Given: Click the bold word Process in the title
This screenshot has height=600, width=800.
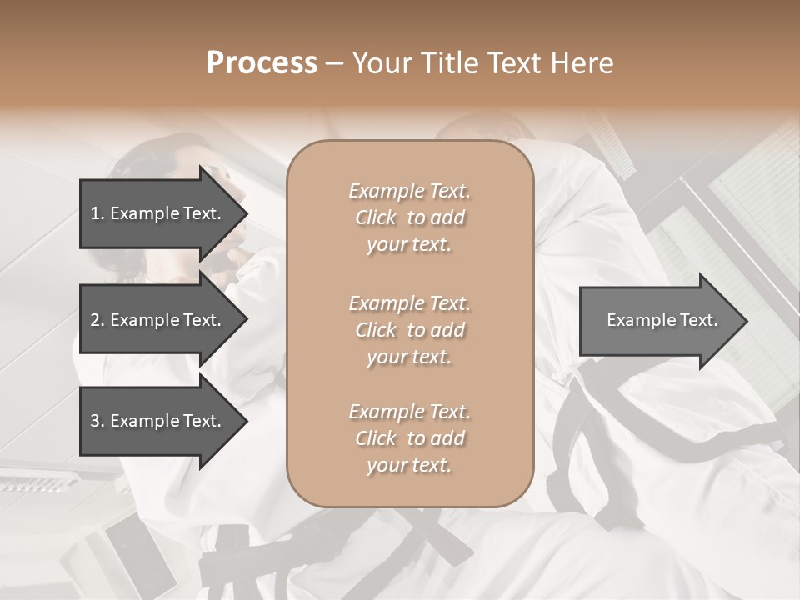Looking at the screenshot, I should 262,63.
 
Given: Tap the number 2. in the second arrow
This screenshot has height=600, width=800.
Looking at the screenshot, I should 97,320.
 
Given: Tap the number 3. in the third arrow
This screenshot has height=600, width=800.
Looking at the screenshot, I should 97,421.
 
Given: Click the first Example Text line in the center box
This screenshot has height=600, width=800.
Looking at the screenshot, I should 409,191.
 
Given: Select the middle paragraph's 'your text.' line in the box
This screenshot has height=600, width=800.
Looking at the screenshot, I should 409,357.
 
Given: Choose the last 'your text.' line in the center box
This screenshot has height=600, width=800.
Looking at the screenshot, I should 409,465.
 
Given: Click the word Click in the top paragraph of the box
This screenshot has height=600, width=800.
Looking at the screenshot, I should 376,218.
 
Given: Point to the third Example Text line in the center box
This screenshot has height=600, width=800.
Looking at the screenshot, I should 409,412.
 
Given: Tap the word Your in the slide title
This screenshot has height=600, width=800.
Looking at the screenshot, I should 382,63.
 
